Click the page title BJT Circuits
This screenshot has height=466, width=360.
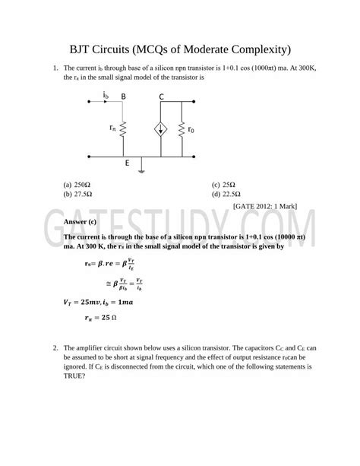coord(179,49)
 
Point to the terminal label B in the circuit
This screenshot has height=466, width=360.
coord(124,97)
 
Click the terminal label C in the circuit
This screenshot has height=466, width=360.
coord(162,97)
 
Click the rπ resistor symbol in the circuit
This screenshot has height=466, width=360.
coord(124,129)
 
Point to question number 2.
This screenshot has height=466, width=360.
coord(55,347)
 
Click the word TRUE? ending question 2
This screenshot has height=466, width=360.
coord(78,374)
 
